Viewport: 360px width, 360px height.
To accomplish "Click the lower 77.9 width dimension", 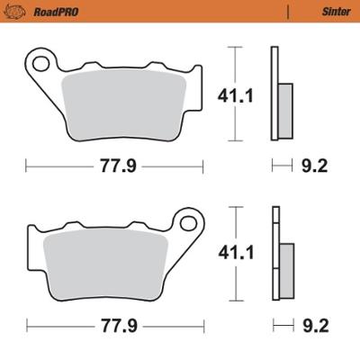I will (x=112, y=325).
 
